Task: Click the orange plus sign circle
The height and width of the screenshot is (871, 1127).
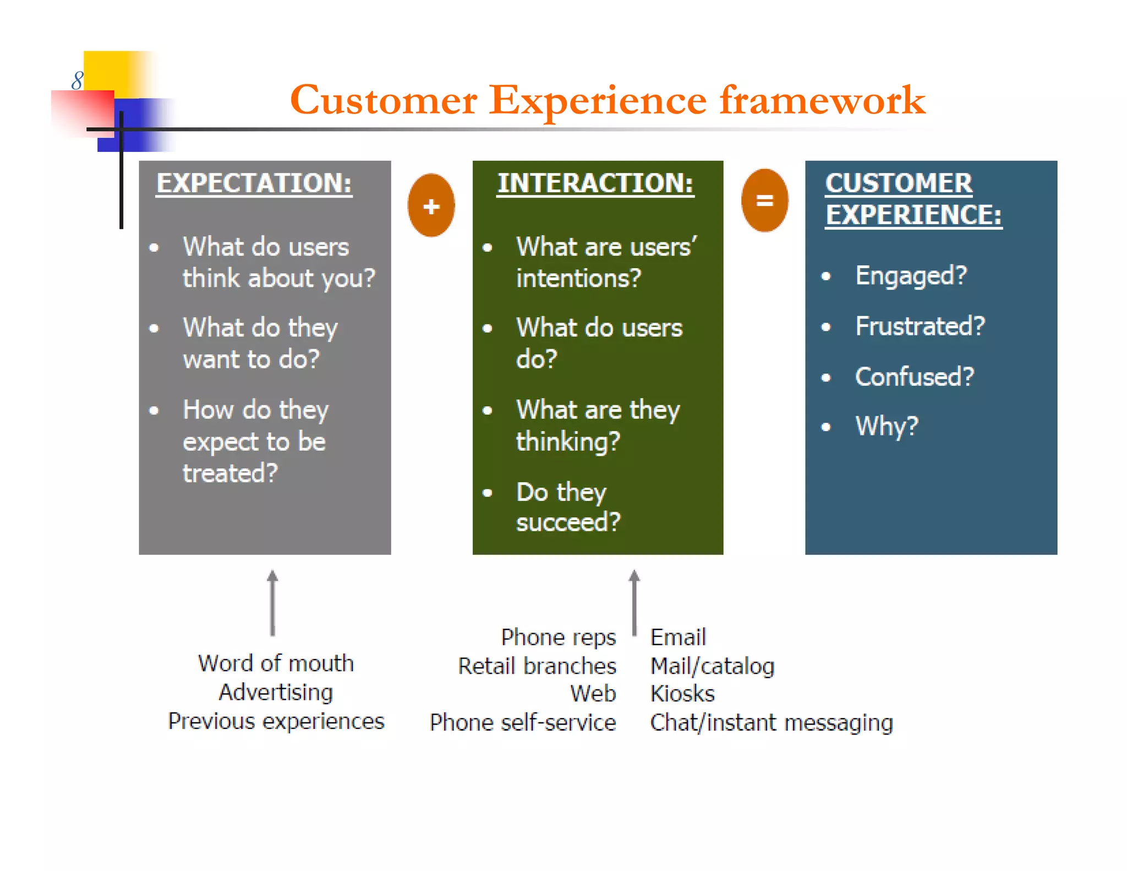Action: tap(431, 205)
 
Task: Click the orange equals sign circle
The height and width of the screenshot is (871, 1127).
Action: tap(764, 200)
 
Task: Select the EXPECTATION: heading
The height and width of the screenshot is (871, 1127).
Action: tap(254, 183)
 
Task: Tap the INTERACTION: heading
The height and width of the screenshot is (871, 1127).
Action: tap(595, 183)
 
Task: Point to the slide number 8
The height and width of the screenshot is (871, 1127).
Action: tap(77, 81)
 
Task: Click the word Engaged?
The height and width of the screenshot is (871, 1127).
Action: tap(911, 275)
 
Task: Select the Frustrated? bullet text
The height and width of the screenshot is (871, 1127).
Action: tap(920, 326)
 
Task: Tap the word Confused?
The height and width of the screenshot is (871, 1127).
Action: tap(915, 377)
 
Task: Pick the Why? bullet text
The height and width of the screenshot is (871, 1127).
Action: tap(887, 426)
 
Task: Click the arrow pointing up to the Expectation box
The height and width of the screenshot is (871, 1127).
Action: tap(272, 603)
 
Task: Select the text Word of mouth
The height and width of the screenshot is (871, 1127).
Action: tap(276, 663)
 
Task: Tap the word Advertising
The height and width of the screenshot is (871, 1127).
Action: tap(276, 692)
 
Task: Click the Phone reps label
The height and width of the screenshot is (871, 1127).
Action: tap(558, 638)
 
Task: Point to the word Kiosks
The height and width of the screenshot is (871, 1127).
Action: tap(682, 694)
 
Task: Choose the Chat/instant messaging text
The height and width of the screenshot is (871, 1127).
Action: tap(771, 723)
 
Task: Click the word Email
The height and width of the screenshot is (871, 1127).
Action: tap(678, 638)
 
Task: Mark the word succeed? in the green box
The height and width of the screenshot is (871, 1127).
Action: tap(568, 522)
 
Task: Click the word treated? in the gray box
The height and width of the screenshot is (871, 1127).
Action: tap(230, 473)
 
